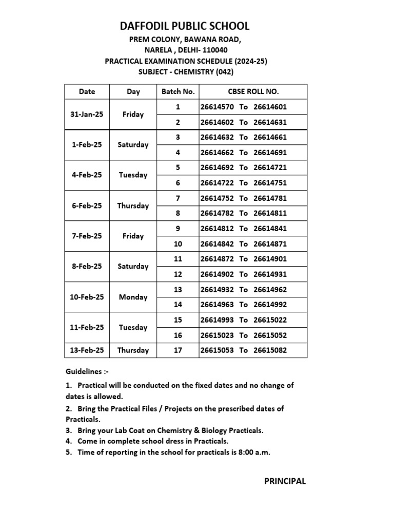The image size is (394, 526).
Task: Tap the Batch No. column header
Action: [x=178, y=91]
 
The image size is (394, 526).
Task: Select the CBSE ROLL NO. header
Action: [x=253, y=91]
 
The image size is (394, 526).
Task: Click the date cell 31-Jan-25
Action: [x=87, y=115]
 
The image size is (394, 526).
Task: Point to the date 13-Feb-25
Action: [x=87, y=350]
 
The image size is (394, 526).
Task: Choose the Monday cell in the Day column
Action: [x=133, y=297]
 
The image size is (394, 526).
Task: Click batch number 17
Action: [x=178, y=350]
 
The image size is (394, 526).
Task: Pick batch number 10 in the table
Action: [x=178, y=243]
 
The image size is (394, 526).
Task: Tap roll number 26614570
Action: [x=217, y=107]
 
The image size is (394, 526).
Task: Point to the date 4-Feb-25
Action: [x=87, y=175]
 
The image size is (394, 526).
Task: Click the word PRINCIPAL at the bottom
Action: [x=285, y=481]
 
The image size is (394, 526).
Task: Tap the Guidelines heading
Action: [x=87, y=371]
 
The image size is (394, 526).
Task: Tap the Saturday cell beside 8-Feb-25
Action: [x=133, y=267]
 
